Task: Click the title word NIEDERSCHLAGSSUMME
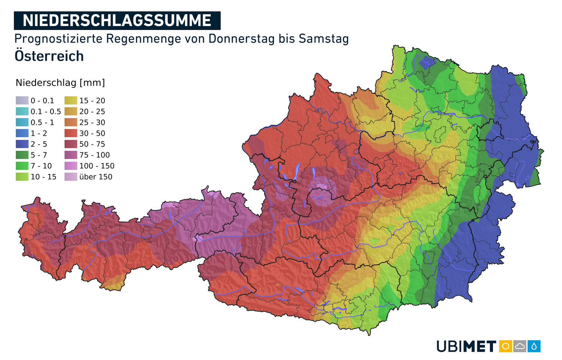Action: (x=117, y=21)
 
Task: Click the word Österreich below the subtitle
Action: (x=49, y=56)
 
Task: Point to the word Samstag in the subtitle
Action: (x=324, y=39)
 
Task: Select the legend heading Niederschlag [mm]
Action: (x=60, y=83)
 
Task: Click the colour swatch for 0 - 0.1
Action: (x=22, y=100)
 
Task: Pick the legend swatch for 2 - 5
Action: (x=22, y=144)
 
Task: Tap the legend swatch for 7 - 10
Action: (x=22, y=166)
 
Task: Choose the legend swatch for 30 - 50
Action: (x=71, y=133)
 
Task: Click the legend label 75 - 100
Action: (x=94, y=155)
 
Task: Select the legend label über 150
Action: (x=96, y=177)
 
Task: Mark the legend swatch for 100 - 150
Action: (x=71, y=166)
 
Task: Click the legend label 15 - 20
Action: (x=92, y=100)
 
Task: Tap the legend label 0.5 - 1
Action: (x=42, y=122)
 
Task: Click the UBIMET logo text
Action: (x=466, y=346)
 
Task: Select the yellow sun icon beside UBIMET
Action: (x=505, y=346)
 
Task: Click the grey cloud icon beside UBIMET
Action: (x=520, y=346)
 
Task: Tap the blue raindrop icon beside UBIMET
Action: (x=534, y=346)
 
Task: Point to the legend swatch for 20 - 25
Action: (x=71, y=111)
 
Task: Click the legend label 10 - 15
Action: (x=43, y=177)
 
